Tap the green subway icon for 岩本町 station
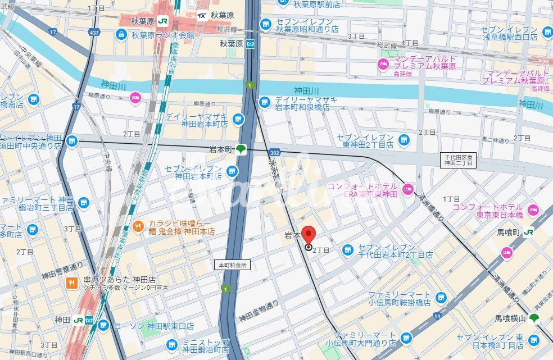pyautogui.click(x=240, y=149)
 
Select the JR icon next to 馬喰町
pyautogui.click(x=528, y=231)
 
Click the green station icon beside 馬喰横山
pyautogui.click(x=534, y=318)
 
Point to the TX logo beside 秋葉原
pyautogui.click(x=201, y=15)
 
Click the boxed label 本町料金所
pyautogui.click(x=232, y=265)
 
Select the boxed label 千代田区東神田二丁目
pyautogui.click(x=458, y=160)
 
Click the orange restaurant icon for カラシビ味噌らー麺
pyautogui.click(x=138, y=227)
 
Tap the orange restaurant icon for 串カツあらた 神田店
pyautogui.click(x=71, y=284)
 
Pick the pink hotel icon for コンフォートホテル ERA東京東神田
pyautogui.click(x=407, y=187)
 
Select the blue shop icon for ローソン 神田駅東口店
pyautogui.click(x=103, y=325)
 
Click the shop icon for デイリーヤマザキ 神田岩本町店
pyautogui.click(x=238, y=119)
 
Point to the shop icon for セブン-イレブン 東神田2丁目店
pyautogui.click(x=403, y=139)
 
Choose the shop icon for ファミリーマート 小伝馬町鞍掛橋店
pyautogui.click(x=440, y=297)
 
